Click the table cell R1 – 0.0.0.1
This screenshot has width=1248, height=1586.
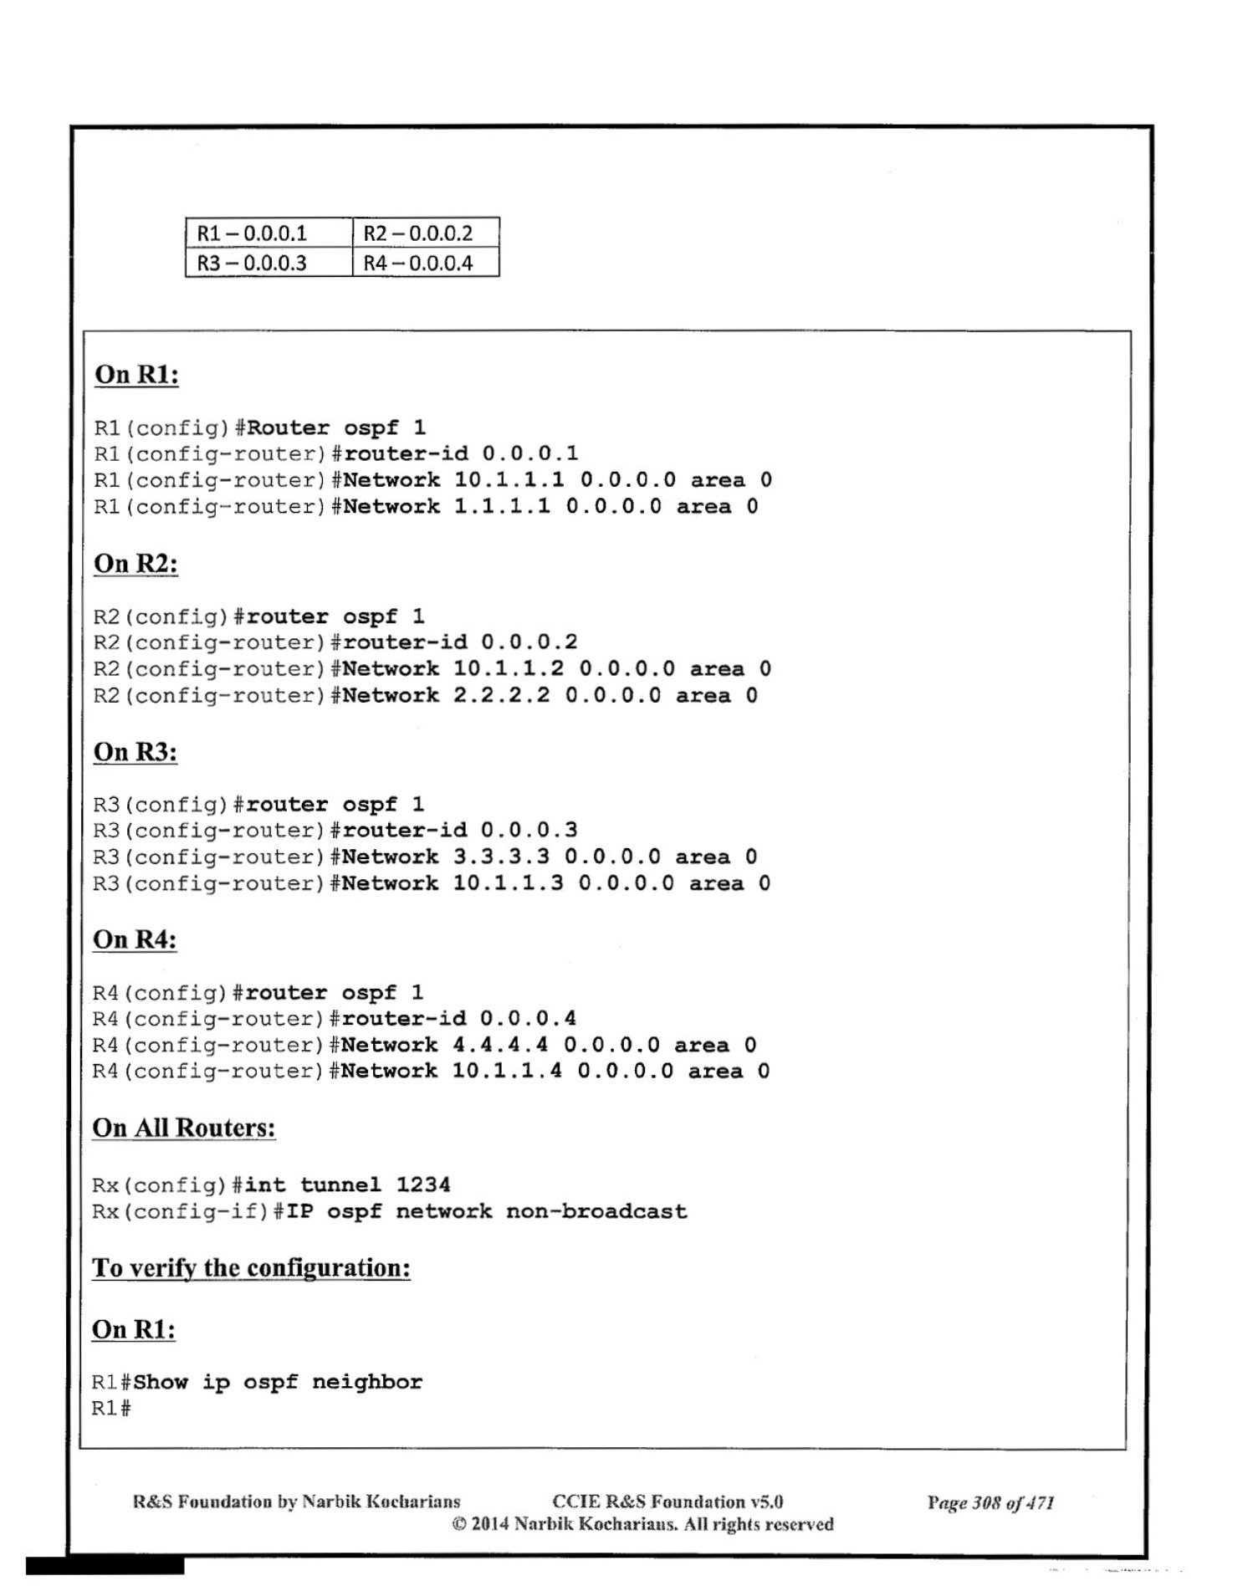252,233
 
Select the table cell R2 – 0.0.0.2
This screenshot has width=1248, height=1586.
417,233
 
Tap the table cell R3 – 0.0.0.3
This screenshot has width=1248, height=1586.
252,263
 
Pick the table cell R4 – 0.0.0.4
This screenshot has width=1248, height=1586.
417,263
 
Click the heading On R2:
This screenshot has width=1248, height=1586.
136,564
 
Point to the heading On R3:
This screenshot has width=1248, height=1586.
136,752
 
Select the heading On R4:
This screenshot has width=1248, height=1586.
135,939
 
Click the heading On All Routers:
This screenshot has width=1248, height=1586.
184,1128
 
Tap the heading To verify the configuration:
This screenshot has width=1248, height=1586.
251,1267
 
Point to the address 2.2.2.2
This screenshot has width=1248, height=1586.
502,695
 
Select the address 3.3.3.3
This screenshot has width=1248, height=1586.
502,857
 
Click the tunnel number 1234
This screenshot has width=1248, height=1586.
423,1184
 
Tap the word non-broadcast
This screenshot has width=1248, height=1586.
596,1211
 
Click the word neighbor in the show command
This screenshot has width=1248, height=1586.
367,1382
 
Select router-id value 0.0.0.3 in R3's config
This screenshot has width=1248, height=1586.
529,830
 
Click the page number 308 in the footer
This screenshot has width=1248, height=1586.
987,1503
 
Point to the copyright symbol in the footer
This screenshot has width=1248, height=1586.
459,1524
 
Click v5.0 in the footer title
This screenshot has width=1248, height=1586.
766,1502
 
